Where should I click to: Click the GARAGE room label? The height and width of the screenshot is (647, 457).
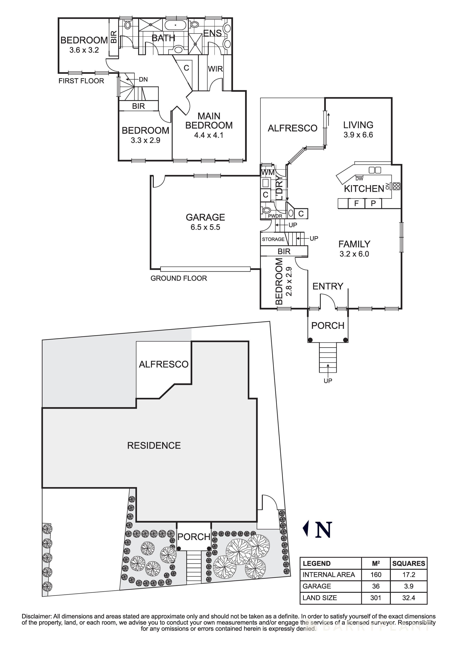(205, 217)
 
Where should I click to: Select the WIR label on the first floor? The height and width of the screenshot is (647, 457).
(215, 69)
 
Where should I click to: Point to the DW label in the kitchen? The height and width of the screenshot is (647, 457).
(359, 179)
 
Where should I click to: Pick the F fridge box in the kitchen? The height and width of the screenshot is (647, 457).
(356, 203)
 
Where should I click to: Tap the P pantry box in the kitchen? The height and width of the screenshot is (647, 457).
(373, 203)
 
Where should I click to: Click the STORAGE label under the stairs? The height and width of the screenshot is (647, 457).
(273, 239)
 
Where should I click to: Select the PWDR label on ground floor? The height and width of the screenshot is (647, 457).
(275, 216)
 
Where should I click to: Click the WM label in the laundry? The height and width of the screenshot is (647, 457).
(267, 172)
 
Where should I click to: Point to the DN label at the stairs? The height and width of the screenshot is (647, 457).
(143, 79)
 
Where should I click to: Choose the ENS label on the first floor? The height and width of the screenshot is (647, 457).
(212, 33)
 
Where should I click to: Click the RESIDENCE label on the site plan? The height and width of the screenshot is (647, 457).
(154, 446)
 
